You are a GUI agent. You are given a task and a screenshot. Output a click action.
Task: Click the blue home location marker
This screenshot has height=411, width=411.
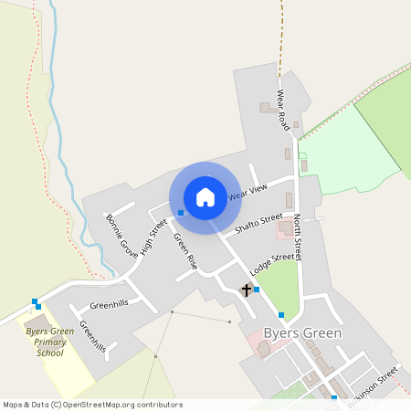[x=205, y=197]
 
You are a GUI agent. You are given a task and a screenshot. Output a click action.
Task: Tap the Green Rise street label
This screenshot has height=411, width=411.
[x=185, y=249]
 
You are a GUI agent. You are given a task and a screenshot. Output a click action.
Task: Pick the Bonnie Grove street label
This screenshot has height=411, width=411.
[x=121, y=235]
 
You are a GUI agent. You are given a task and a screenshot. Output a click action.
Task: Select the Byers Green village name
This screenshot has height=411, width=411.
[x=301, y=333]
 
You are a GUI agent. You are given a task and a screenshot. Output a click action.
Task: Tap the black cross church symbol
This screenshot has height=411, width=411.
[x=246, y=290]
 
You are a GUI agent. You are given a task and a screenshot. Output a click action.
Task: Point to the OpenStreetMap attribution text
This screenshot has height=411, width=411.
[x=92, y=405]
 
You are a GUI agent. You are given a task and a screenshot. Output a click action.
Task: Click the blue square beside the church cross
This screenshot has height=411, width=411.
[x=257, y=290]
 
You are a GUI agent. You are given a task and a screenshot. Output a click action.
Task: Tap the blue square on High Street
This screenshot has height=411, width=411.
[x=181, y=213]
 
